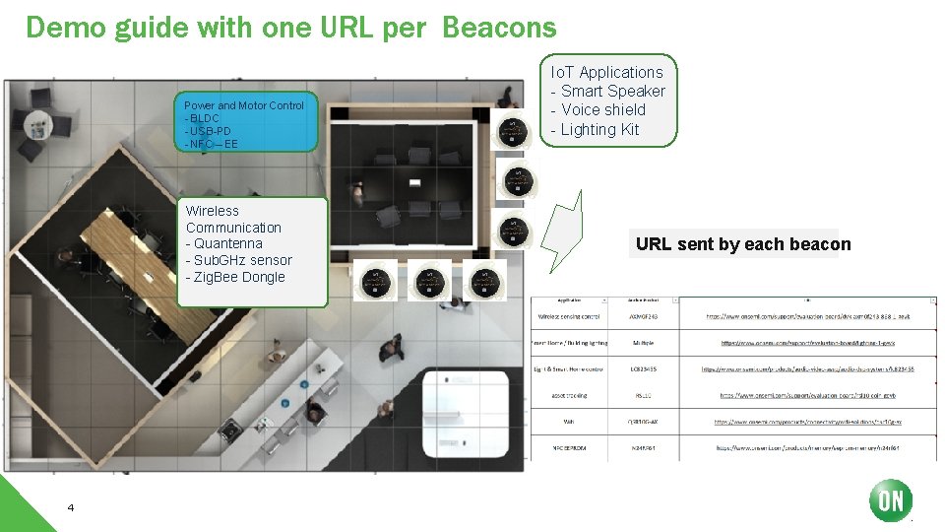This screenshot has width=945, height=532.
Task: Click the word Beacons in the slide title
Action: (499, 28)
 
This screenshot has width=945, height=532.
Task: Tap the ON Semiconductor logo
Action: (890, 499)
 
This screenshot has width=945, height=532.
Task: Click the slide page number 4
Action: (71, 507)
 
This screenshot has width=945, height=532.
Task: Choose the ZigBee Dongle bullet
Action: (237, 277)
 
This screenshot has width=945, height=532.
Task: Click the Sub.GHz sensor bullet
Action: (241, 260)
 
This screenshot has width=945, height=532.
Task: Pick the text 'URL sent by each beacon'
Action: (743, 244)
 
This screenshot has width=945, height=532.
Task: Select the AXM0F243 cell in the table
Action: (642, 317)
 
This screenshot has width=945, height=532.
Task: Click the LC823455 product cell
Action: (642, 368)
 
